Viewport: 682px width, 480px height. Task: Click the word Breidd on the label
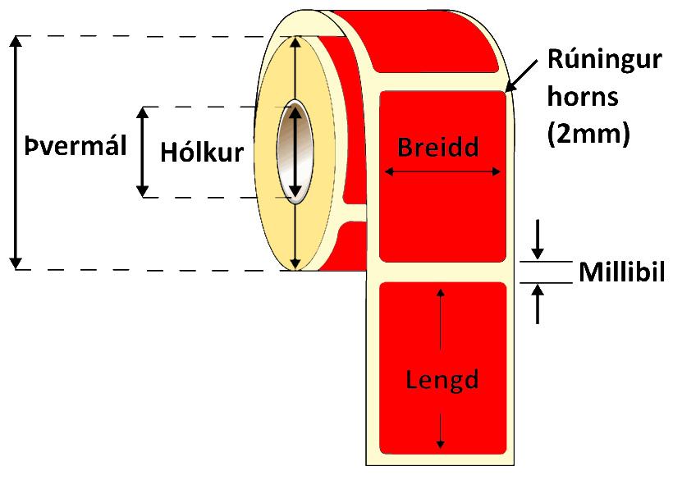tap(438, 147)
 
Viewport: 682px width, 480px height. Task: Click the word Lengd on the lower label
tap(442, 380)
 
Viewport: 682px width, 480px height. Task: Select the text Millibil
tap(620, 272)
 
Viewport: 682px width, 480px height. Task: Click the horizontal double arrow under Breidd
tap(442, 171)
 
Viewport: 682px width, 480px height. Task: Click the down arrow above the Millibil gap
tap(538, 238)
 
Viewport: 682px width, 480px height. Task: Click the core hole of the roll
tap(295, 152)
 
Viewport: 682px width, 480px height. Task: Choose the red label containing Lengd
tap(442, 345)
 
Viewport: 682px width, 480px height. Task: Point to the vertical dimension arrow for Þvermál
tap(15, 153)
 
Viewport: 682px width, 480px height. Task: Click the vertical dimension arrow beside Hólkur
tap(144, 152)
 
